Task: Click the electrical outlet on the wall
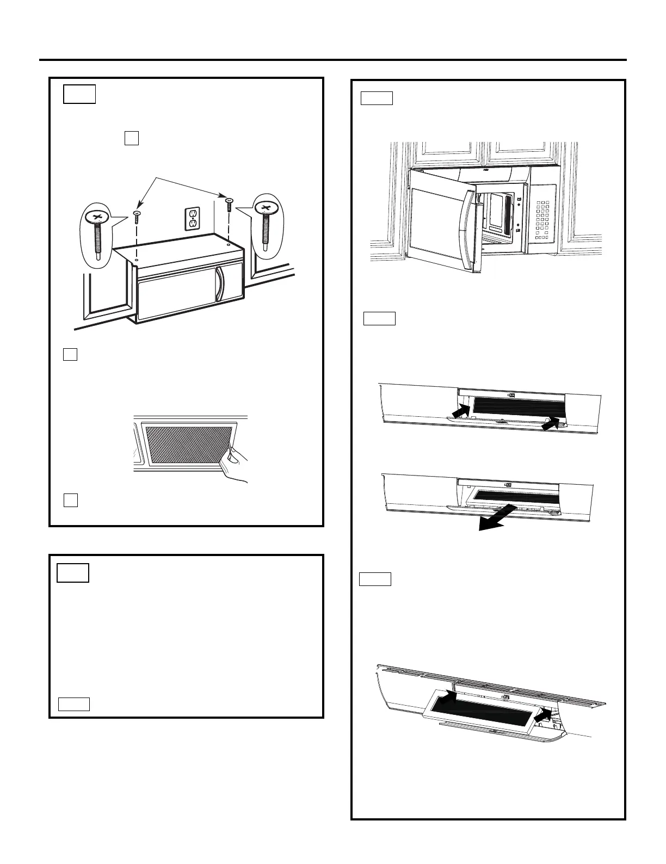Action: click(192, 218)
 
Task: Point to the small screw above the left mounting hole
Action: click(137, 217)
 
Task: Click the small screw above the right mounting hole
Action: click(229, 205)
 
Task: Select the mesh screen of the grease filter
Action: click(188, 445)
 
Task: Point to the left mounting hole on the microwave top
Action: click(136, 261)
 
